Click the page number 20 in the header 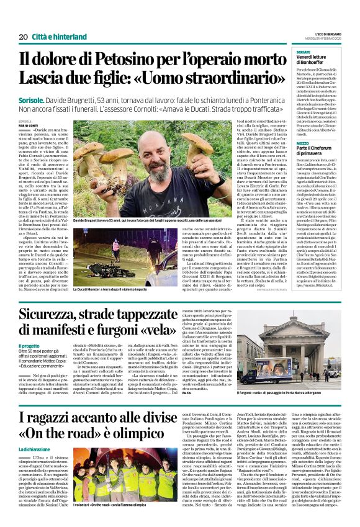[x=23, y=37]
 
